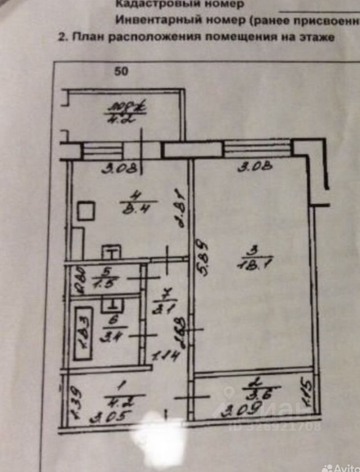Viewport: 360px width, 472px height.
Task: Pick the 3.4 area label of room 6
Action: pos(113,338)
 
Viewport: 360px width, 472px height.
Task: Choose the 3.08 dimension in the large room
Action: pos(254,168)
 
